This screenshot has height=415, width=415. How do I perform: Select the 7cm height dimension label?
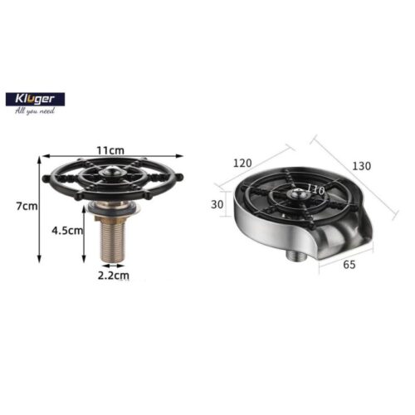29,206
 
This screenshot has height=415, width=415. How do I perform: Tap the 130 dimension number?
360,166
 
